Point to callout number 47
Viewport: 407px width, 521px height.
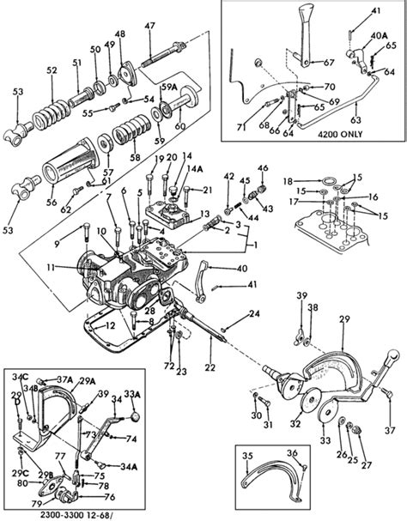click(x=149, y=27)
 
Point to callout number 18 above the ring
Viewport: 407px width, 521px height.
click(x=289, y=181)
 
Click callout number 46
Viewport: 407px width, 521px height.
click(x=262, y=167)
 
